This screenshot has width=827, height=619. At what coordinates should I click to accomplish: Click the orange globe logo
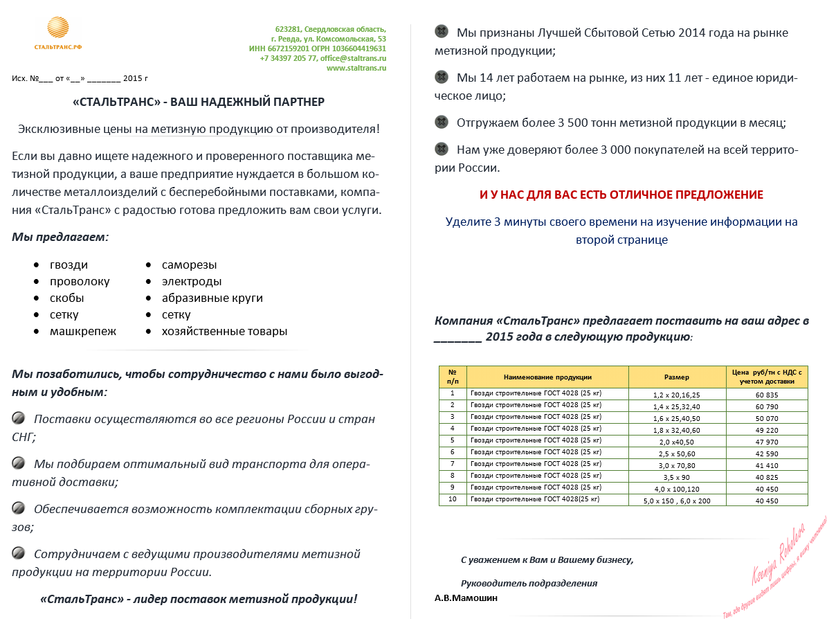click(58, 28)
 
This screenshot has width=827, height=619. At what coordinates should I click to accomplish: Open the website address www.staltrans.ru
click(356, 68)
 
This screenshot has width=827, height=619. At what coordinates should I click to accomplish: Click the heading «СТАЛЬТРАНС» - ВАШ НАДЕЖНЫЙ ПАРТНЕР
click(199, 102)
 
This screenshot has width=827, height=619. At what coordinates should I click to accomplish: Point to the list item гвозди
click(69, 265)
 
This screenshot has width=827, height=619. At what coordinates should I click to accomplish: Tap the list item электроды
click(192, 282)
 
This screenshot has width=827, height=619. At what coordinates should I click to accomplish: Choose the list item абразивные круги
click(212, 298)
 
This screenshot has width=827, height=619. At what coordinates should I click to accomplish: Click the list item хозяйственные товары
click(224, 332)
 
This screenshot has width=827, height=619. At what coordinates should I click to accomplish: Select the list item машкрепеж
click(83, 332)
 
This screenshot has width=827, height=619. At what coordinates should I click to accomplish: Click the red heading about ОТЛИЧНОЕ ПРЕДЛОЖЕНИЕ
click(621, 195)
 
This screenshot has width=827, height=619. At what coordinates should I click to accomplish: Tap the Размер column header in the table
click(676, 377)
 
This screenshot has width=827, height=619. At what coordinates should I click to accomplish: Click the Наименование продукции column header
click(547, 377)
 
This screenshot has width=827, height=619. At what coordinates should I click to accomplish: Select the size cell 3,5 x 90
click(676, 476)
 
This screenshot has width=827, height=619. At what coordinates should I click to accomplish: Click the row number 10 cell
click(453, 499)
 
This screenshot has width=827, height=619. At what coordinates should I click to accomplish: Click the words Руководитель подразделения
click(529, 583)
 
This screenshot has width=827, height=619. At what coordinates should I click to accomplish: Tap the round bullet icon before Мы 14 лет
click(441, 77)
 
